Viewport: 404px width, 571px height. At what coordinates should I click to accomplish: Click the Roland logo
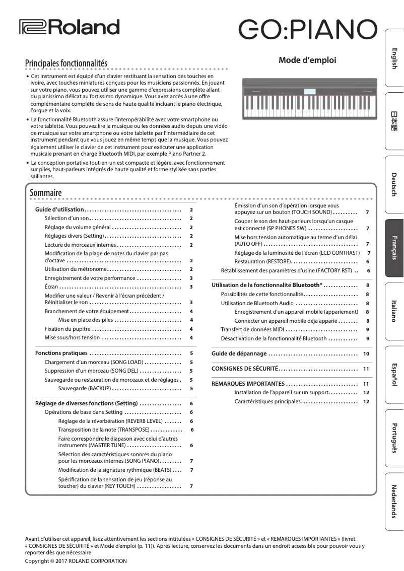pyautogui.click(x=69, y=27)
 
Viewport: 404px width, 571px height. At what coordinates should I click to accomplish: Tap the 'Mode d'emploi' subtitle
pyautogui.click(x=307, y=60)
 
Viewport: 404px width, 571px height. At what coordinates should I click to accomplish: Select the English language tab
pyautogui.click(x=394, y=58)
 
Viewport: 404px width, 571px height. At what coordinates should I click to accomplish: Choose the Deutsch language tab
pyautogui.click(x=394, y=185)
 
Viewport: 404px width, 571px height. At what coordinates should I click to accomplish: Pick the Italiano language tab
pyautogui.click(x=394, y=311)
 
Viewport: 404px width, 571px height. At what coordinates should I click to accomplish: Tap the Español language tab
pyautogui.click(x=394, y=375)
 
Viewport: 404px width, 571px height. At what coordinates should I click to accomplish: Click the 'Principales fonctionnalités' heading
pyautogui.click(x=66, y=63)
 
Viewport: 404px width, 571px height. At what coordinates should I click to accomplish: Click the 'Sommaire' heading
pyautogui.click(x=45, y=192)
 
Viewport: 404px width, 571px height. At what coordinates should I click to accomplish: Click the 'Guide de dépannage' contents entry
pyautogui.click(x=239, y=353)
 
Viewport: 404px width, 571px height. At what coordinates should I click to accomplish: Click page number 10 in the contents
pyautogui.click(x=366, y=354)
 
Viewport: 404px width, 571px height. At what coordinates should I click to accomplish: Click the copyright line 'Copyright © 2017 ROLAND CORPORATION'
pyautogui.click(x=76, y=560)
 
